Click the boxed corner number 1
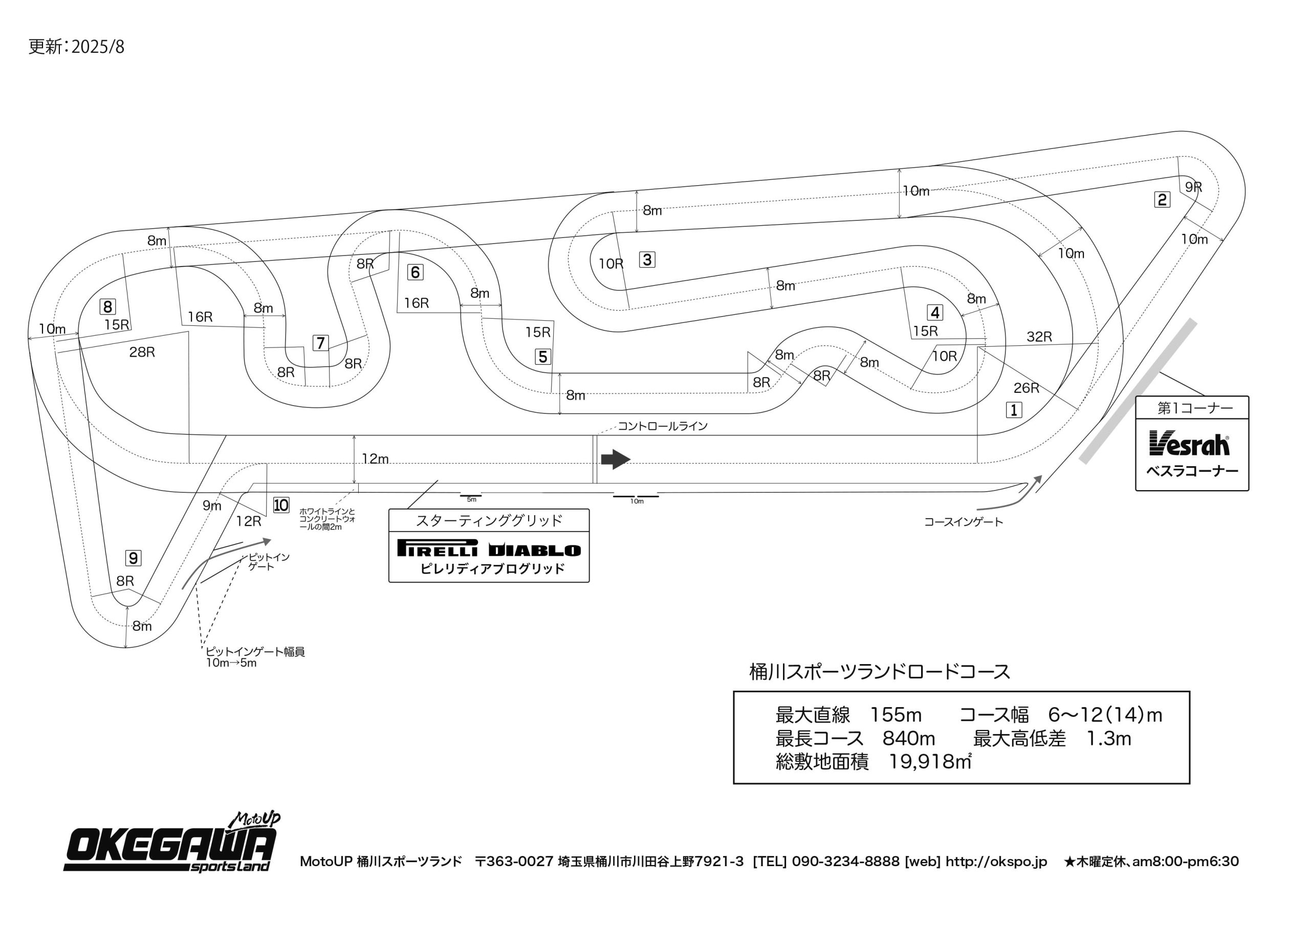[x=1013, y=410]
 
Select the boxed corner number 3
[x=646, y=259]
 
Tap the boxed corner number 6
[x=415, y=272]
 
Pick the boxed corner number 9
[x=133, y=558]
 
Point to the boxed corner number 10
[x=281, y=505]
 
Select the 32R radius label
[x=1038, y=337]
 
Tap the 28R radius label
[x=142, y=352]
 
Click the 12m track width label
[x=375, y=459]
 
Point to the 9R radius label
[x=1193, y=187]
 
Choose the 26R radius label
[x=1026, y=388]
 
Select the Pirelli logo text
[x=438, y=548]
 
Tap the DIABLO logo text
[x=535, y=550]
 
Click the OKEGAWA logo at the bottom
[x=171, y=846]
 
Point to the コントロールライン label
[x=662, y=426]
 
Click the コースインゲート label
[x=963, y=522]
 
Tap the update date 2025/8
[x=98, y=47]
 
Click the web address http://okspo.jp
[x=996, y=862]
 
